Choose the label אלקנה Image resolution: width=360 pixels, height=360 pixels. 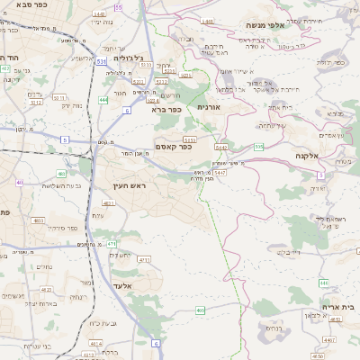[307, 155]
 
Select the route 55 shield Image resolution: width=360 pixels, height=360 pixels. [118, 7]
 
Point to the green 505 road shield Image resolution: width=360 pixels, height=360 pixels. [258, 146]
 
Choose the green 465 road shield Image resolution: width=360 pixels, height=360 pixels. [200, 310]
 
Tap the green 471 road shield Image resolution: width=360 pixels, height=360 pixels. [111, 243]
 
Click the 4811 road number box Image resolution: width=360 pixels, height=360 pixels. [109, 204]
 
